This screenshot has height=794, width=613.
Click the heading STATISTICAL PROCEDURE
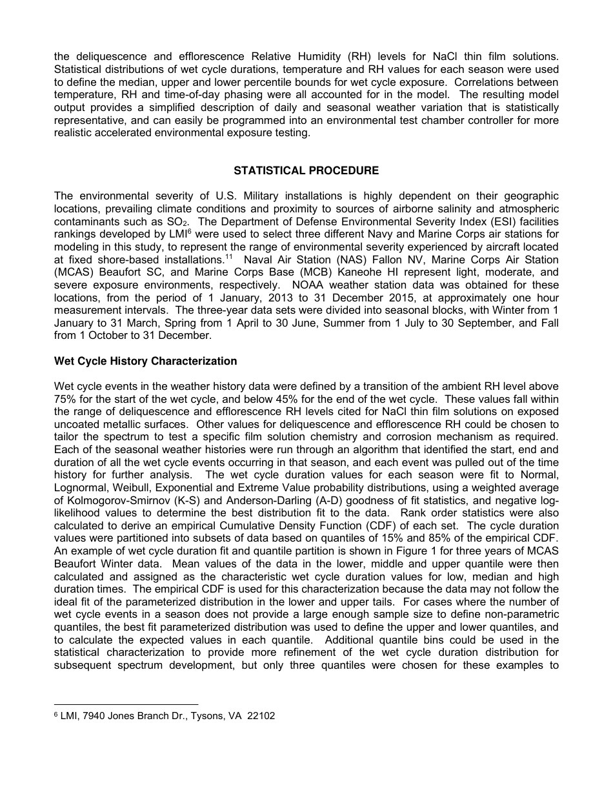point(306,170)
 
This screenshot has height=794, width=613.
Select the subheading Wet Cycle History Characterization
point(145,361)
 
